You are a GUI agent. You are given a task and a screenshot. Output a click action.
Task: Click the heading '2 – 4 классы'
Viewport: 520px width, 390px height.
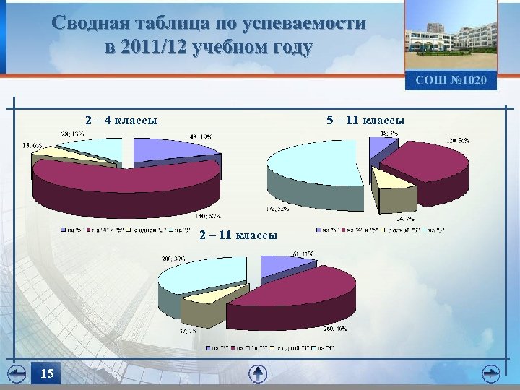(121, 120)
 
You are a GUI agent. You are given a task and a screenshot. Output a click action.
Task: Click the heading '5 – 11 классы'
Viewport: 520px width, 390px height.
(365, 120)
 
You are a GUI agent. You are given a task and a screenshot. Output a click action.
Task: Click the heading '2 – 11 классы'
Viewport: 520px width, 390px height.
(238, 235)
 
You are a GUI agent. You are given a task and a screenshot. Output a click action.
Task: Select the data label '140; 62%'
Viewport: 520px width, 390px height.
(207, 215)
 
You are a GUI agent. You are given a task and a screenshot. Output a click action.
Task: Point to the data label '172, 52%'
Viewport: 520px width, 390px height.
(278, 209)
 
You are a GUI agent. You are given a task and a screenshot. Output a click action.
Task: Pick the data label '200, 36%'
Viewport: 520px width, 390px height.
(173, 258)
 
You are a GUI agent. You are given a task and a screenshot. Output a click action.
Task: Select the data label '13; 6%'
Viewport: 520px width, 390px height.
(32, 145)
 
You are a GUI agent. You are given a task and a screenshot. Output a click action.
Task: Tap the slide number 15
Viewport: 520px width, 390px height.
(47, 373)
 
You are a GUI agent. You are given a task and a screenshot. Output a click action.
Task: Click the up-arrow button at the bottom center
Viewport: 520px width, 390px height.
(258, 373)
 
